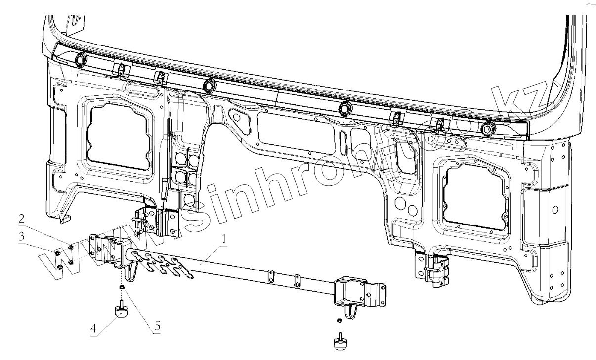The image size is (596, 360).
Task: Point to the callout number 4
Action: tap(93, 329)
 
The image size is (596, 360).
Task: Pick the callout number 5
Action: tap(157, 326)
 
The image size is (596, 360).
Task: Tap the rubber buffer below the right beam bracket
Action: tap(339, 342)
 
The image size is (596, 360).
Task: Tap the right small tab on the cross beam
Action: tap(297, 279)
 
